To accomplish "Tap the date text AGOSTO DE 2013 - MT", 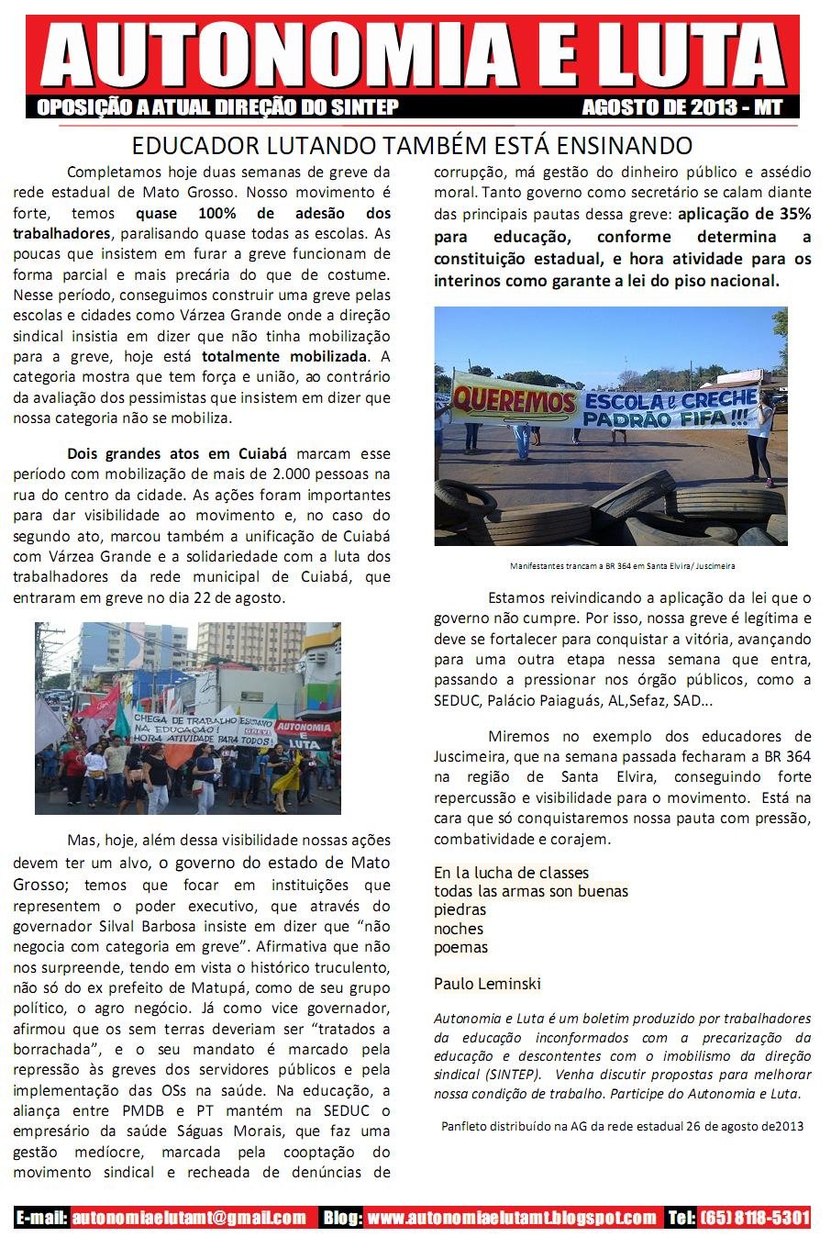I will coord(681,107).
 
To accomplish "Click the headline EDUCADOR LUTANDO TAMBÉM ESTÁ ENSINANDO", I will coord(412,146).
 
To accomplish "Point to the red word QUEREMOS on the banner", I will coord(514,400).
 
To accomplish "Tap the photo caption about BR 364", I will coord(622,566).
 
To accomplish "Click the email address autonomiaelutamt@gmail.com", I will coord(189,1218).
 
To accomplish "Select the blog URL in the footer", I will coord(512,1218).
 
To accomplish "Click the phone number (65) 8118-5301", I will coord(755,1218).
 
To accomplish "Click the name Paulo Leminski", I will coord(487,984).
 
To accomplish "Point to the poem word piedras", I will coord(460,909).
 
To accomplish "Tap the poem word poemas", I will coord(461,947).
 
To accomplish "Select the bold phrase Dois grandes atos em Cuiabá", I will coord(177,453).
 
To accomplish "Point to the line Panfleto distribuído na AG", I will coord(622,1126).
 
